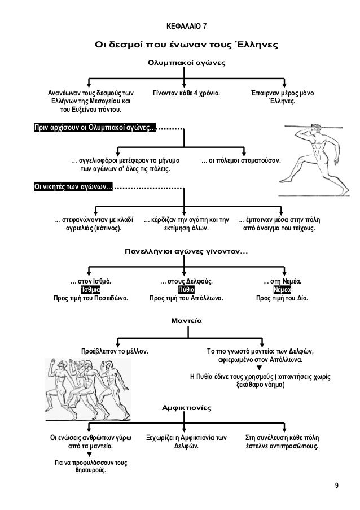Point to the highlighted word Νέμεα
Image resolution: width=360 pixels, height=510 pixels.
click(x=282, y=289)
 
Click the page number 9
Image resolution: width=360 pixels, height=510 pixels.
click(x=336, y=486)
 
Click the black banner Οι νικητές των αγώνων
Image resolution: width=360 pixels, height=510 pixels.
click(x=73, y=187)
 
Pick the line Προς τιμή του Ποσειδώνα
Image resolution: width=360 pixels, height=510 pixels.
click(x=90, y=298)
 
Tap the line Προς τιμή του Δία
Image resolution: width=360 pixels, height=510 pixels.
click(x=282, y=298)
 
